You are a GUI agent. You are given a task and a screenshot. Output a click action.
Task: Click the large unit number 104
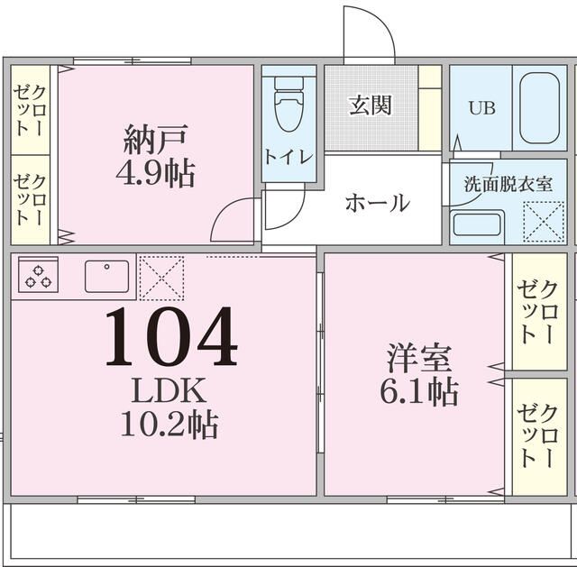click(x=170, y=336)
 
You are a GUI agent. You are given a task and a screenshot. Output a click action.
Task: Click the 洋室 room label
click(x=418, y=359)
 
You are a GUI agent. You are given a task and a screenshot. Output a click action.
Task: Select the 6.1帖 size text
click(x=418, y=391)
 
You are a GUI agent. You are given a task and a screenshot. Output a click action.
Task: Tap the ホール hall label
click(x=377, y=202)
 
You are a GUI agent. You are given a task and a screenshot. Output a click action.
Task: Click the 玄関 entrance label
click(x=370, y=105)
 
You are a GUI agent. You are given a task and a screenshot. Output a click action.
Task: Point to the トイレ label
click(x=288, y=156)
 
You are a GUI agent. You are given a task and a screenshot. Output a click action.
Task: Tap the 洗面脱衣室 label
click(x=508, y=186)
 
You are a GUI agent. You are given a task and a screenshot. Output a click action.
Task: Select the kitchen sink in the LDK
click(x=107, y=275)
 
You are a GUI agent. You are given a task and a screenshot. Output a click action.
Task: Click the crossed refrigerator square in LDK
click(x=162, y=277)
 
